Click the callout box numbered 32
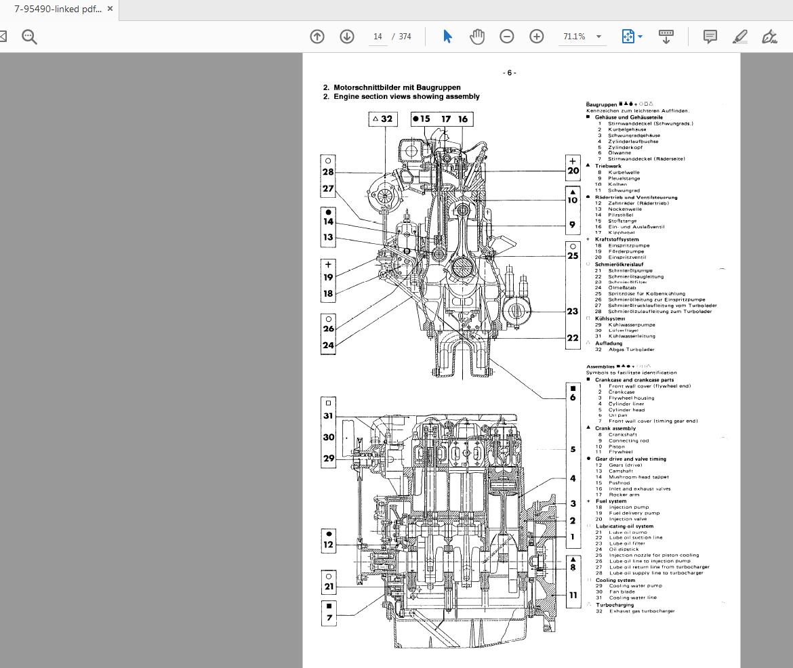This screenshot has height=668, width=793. tap(382, 119)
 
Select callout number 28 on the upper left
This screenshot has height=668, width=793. tap(328, 172)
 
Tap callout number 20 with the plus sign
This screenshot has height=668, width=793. tap(573, 171)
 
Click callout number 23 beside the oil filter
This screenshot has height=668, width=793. tap(573, 312)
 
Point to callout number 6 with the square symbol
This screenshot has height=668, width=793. tap(573, 398)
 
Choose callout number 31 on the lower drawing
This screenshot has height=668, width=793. tap(328, 417)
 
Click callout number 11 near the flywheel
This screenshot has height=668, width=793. tap(573, 596)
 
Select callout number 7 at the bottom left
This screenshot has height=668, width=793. tap(329, 617)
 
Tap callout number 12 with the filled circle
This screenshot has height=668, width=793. tap(329, 545)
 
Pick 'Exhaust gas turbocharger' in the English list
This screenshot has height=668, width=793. tap(642, 611)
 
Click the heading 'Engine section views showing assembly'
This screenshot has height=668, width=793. tap(406, 97)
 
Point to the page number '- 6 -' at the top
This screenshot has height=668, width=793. tap(509, 73)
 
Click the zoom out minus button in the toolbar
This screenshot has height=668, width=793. tap(507, 37)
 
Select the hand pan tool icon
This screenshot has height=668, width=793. tap(477, 37)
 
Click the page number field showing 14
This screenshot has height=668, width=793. tap(378, 37)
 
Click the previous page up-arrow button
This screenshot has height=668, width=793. tap(317, 37)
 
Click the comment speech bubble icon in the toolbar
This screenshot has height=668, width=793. tap(710, 37)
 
